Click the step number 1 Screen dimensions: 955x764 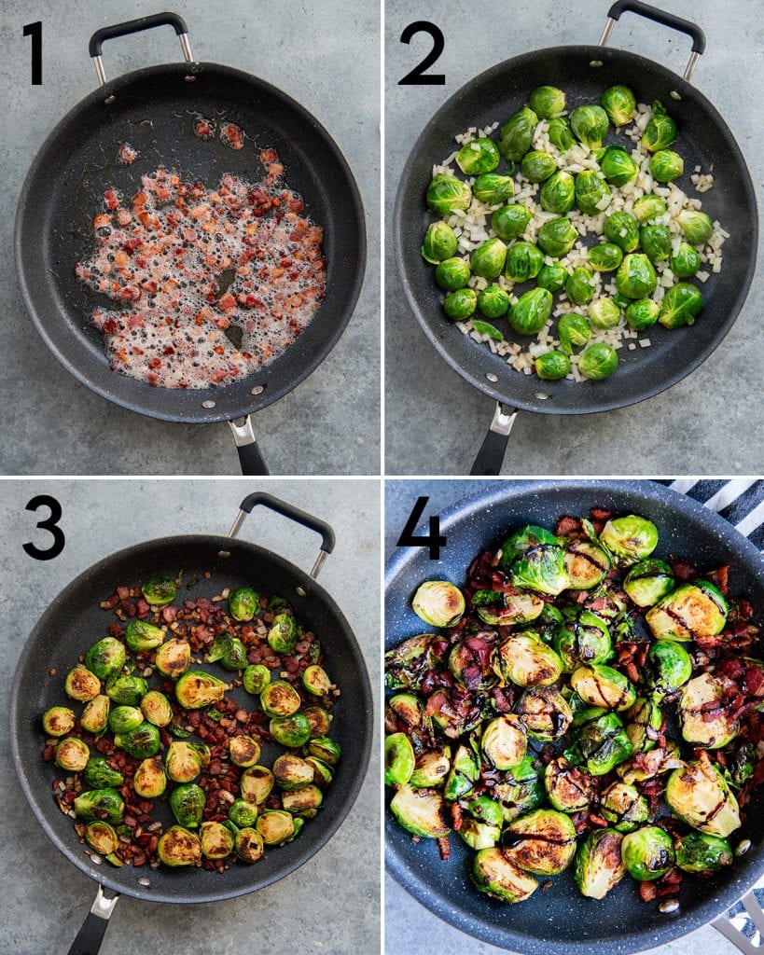[34, 53]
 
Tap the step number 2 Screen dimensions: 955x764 [422, 53]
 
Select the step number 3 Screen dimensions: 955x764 [43, 527]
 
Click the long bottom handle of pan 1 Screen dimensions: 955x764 [252, 458]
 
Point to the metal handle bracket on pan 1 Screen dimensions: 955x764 [243, 431]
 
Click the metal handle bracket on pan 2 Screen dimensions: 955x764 [503, 419]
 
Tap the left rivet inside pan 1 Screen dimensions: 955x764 [208, 404]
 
